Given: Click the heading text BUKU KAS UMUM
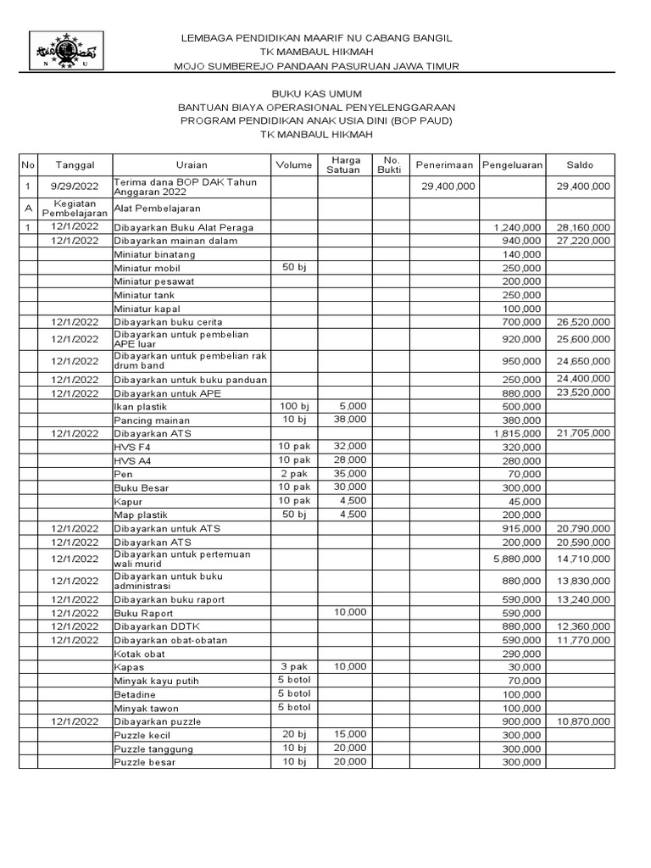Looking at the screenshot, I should (x=315, y=93).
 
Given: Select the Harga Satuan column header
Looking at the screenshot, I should (x=345, y=164).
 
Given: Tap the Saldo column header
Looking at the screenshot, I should (x=581, y=164).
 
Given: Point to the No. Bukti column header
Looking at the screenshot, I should (x=391, y=164).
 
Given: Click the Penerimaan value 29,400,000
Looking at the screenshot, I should (x=448, y=186).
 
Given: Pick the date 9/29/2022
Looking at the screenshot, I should (x=75, y=186).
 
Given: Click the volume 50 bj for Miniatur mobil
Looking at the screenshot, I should (x=293, y=267).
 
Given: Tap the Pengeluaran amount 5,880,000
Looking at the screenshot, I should (x=516, y=559).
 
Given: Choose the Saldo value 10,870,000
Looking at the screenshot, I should (x=583, y=721).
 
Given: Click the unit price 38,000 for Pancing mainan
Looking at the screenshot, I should (x=349, y=419).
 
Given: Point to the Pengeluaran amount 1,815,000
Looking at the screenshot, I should (x=516, y=433).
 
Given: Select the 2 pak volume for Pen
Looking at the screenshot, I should (x=294, y=473).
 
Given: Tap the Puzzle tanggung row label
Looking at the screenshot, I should (x=153, y=749).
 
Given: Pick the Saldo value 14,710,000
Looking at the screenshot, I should (x=583, y=559).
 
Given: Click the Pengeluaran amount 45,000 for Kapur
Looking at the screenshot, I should (x=525, y=502).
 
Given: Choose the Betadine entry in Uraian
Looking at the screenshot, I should (x=136, y=694).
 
